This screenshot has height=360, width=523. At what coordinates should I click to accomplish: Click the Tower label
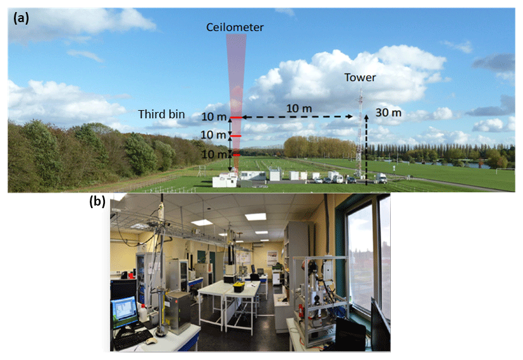click(360, 78)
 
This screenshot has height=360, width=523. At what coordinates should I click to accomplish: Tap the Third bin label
click(162, 115)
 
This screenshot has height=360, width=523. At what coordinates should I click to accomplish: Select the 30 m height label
click(388, 113)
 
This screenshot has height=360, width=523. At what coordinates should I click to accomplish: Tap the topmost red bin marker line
click(235, 118)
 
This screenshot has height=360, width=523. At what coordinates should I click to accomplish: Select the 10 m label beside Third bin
click(212, 117)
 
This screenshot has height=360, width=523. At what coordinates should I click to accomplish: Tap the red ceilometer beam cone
click(235, 70)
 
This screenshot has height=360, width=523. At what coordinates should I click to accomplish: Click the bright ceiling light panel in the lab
click(256, 216)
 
